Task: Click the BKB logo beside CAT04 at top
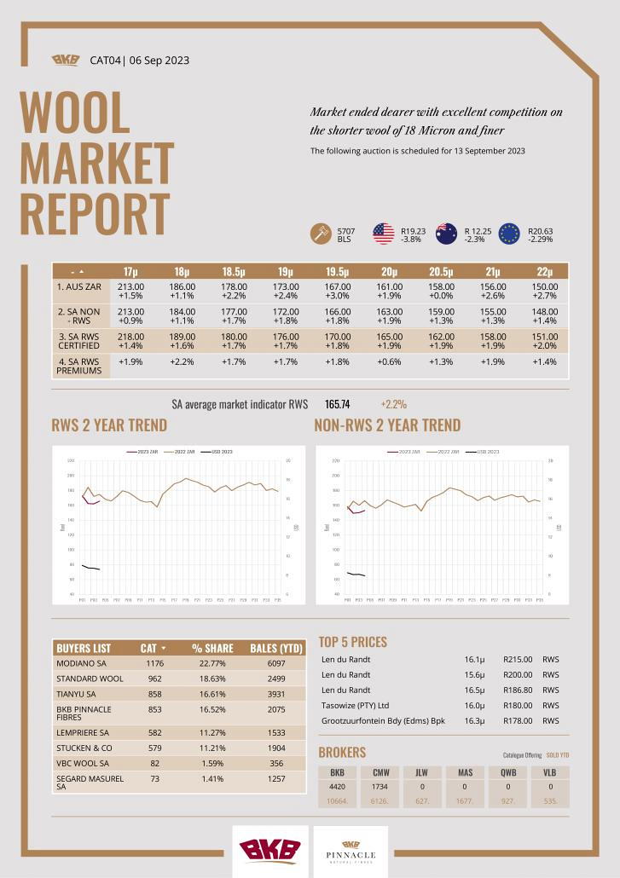coord(65,60)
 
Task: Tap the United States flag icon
coord(383,234)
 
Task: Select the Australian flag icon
coord(446,234)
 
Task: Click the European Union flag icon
coord(509,234)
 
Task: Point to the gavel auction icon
coord(321,234)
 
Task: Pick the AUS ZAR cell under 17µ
coord(131,292)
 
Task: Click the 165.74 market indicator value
coord(338,404)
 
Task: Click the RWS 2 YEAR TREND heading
coord(109,425)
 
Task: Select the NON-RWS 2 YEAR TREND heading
coord(387,425)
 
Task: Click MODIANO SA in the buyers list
coord(82,662)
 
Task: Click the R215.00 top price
coord(518,660)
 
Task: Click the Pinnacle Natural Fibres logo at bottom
coord(351,851)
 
